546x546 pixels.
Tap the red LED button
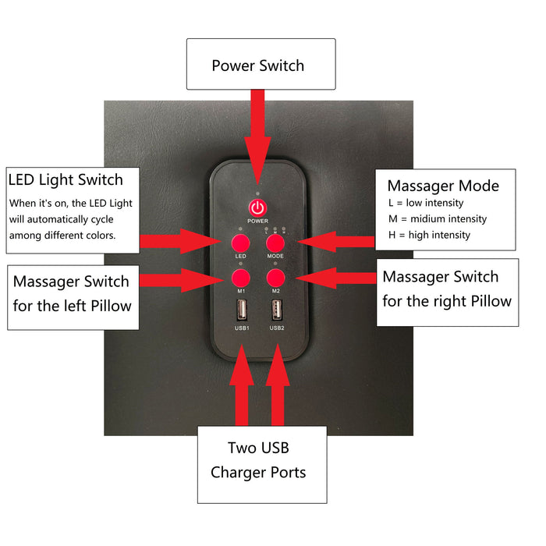pyautogui.click(x=240, y=241)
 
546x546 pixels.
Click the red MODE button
pyautogui.click(x=275, y=241)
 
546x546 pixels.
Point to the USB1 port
pyautogui.click(x=241, y=310)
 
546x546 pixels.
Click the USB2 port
pyautogui.click(x=275, y=310)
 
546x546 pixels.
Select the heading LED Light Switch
pyautogui.click(x=66, y=180)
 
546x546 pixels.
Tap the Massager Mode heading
pyautogui.click(x=443, y=186)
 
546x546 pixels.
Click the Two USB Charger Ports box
pyautogui.click(x=258, y=461)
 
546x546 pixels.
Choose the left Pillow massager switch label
pyautogui.click(x=71, y=292)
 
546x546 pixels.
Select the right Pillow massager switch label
pyautogui.click(x=447, y=289)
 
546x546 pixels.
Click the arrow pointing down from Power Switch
pyautogui.click(x=257, y=129)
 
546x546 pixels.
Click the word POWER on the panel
pyautogui.click(x=257, y=221)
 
